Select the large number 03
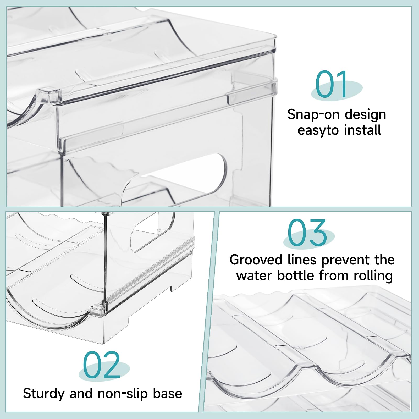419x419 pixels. tap(307, 233)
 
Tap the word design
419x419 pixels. tap(365, 115)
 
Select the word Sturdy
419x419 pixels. tap(43, 394)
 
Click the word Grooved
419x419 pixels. tap(256, 260)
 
